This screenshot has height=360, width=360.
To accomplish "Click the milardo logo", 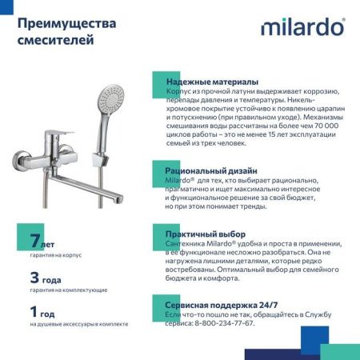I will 302,28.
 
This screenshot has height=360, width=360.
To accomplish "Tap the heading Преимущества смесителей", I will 66,30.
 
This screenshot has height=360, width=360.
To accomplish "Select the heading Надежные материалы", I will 211,82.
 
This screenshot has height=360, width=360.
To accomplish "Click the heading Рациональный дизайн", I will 210,170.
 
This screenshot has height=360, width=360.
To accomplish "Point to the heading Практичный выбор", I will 205,234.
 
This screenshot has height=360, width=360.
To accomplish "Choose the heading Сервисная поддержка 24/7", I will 221,305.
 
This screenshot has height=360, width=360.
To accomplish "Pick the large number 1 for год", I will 34,312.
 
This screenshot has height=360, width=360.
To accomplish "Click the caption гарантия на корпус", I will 56,255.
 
